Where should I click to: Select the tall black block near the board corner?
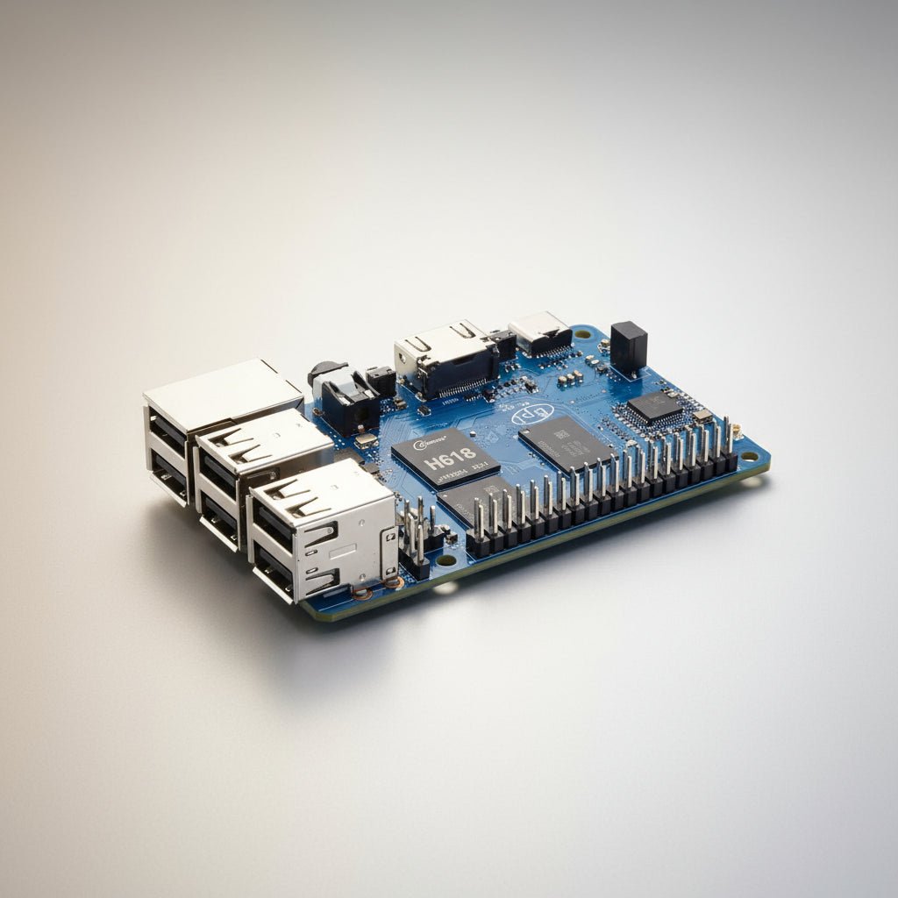(x=628, y=346)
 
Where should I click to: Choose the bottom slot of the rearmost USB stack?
(x=170, y=474)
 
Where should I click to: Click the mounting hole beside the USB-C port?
(x=581, y=334)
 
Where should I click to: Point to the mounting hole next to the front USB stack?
(x=446, y=559)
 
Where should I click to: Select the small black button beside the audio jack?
(x=381, y=379)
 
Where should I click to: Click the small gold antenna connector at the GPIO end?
(x=737, y=430)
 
